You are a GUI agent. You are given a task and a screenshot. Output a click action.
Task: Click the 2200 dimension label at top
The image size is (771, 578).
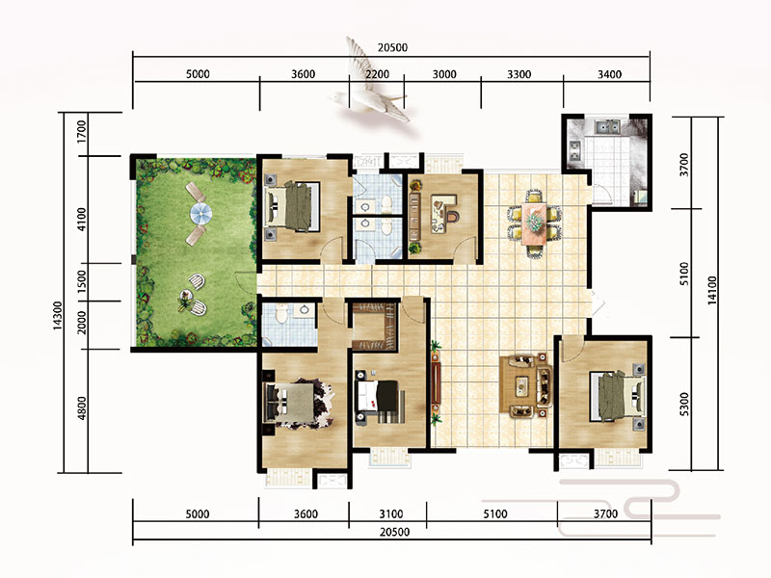point(377,74)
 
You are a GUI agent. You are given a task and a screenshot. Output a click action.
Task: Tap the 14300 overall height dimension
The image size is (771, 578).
point(58,316)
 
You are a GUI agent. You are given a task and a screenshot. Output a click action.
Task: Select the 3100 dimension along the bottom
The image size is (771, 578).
point(391,514)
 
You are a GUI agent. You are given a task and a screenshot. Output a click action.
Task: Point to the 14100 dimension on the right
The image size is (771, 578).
point(712,290)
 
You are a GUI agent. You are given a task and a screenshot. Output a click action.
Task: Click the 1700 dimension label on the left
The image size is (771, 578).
point(82,131)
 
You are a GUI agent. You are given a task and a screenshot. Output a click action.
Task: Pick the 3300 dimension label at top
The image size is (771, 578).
point(519,74)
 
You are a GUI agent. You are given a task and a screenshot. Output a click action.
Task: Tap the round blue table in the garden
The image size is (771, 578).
point(201,213)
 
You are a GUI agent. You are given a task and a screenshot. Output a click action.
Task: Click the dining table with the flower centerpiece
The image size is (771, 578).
point(534,223)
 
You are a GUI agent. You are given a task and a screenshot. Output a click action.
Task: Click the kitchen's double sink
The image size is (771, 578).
point(607,127)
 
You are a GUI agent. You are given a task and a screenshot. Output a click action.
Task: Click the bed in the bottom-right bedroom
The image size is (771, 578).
point(618,397)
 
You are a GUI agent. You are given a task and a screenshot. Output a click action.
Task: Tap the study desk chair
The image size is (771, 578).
point(452,215)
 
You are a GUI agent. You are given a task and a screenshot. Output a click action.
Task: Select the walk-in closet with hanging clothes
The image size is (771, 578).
point(375,327)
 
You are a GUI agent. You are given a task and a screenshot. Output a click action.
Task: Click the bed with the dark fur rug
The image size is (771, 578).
point(294,402)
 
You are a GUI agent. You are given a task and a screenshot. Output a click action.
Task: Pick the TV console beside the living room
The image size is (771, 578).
point(436,383)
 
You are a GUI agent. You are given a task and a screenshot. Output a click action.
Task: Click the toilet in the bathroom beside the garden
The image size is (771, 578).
point(281,314)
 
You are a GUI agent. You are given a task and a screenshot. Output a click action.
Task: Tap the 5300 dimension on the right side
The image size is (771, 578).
point(684,404)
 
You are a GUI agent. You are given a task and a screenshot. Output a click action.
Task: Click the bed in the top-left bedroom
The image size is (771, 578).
point(293,206)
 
